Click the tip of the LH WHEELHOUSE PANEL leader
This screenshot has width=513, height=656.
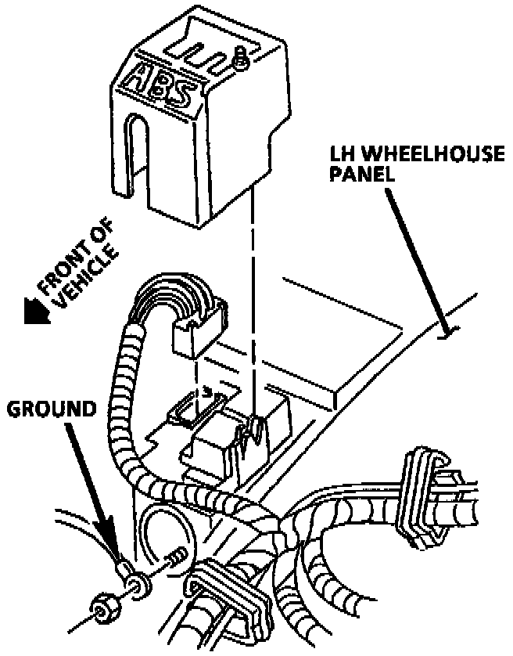[445, 336]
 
